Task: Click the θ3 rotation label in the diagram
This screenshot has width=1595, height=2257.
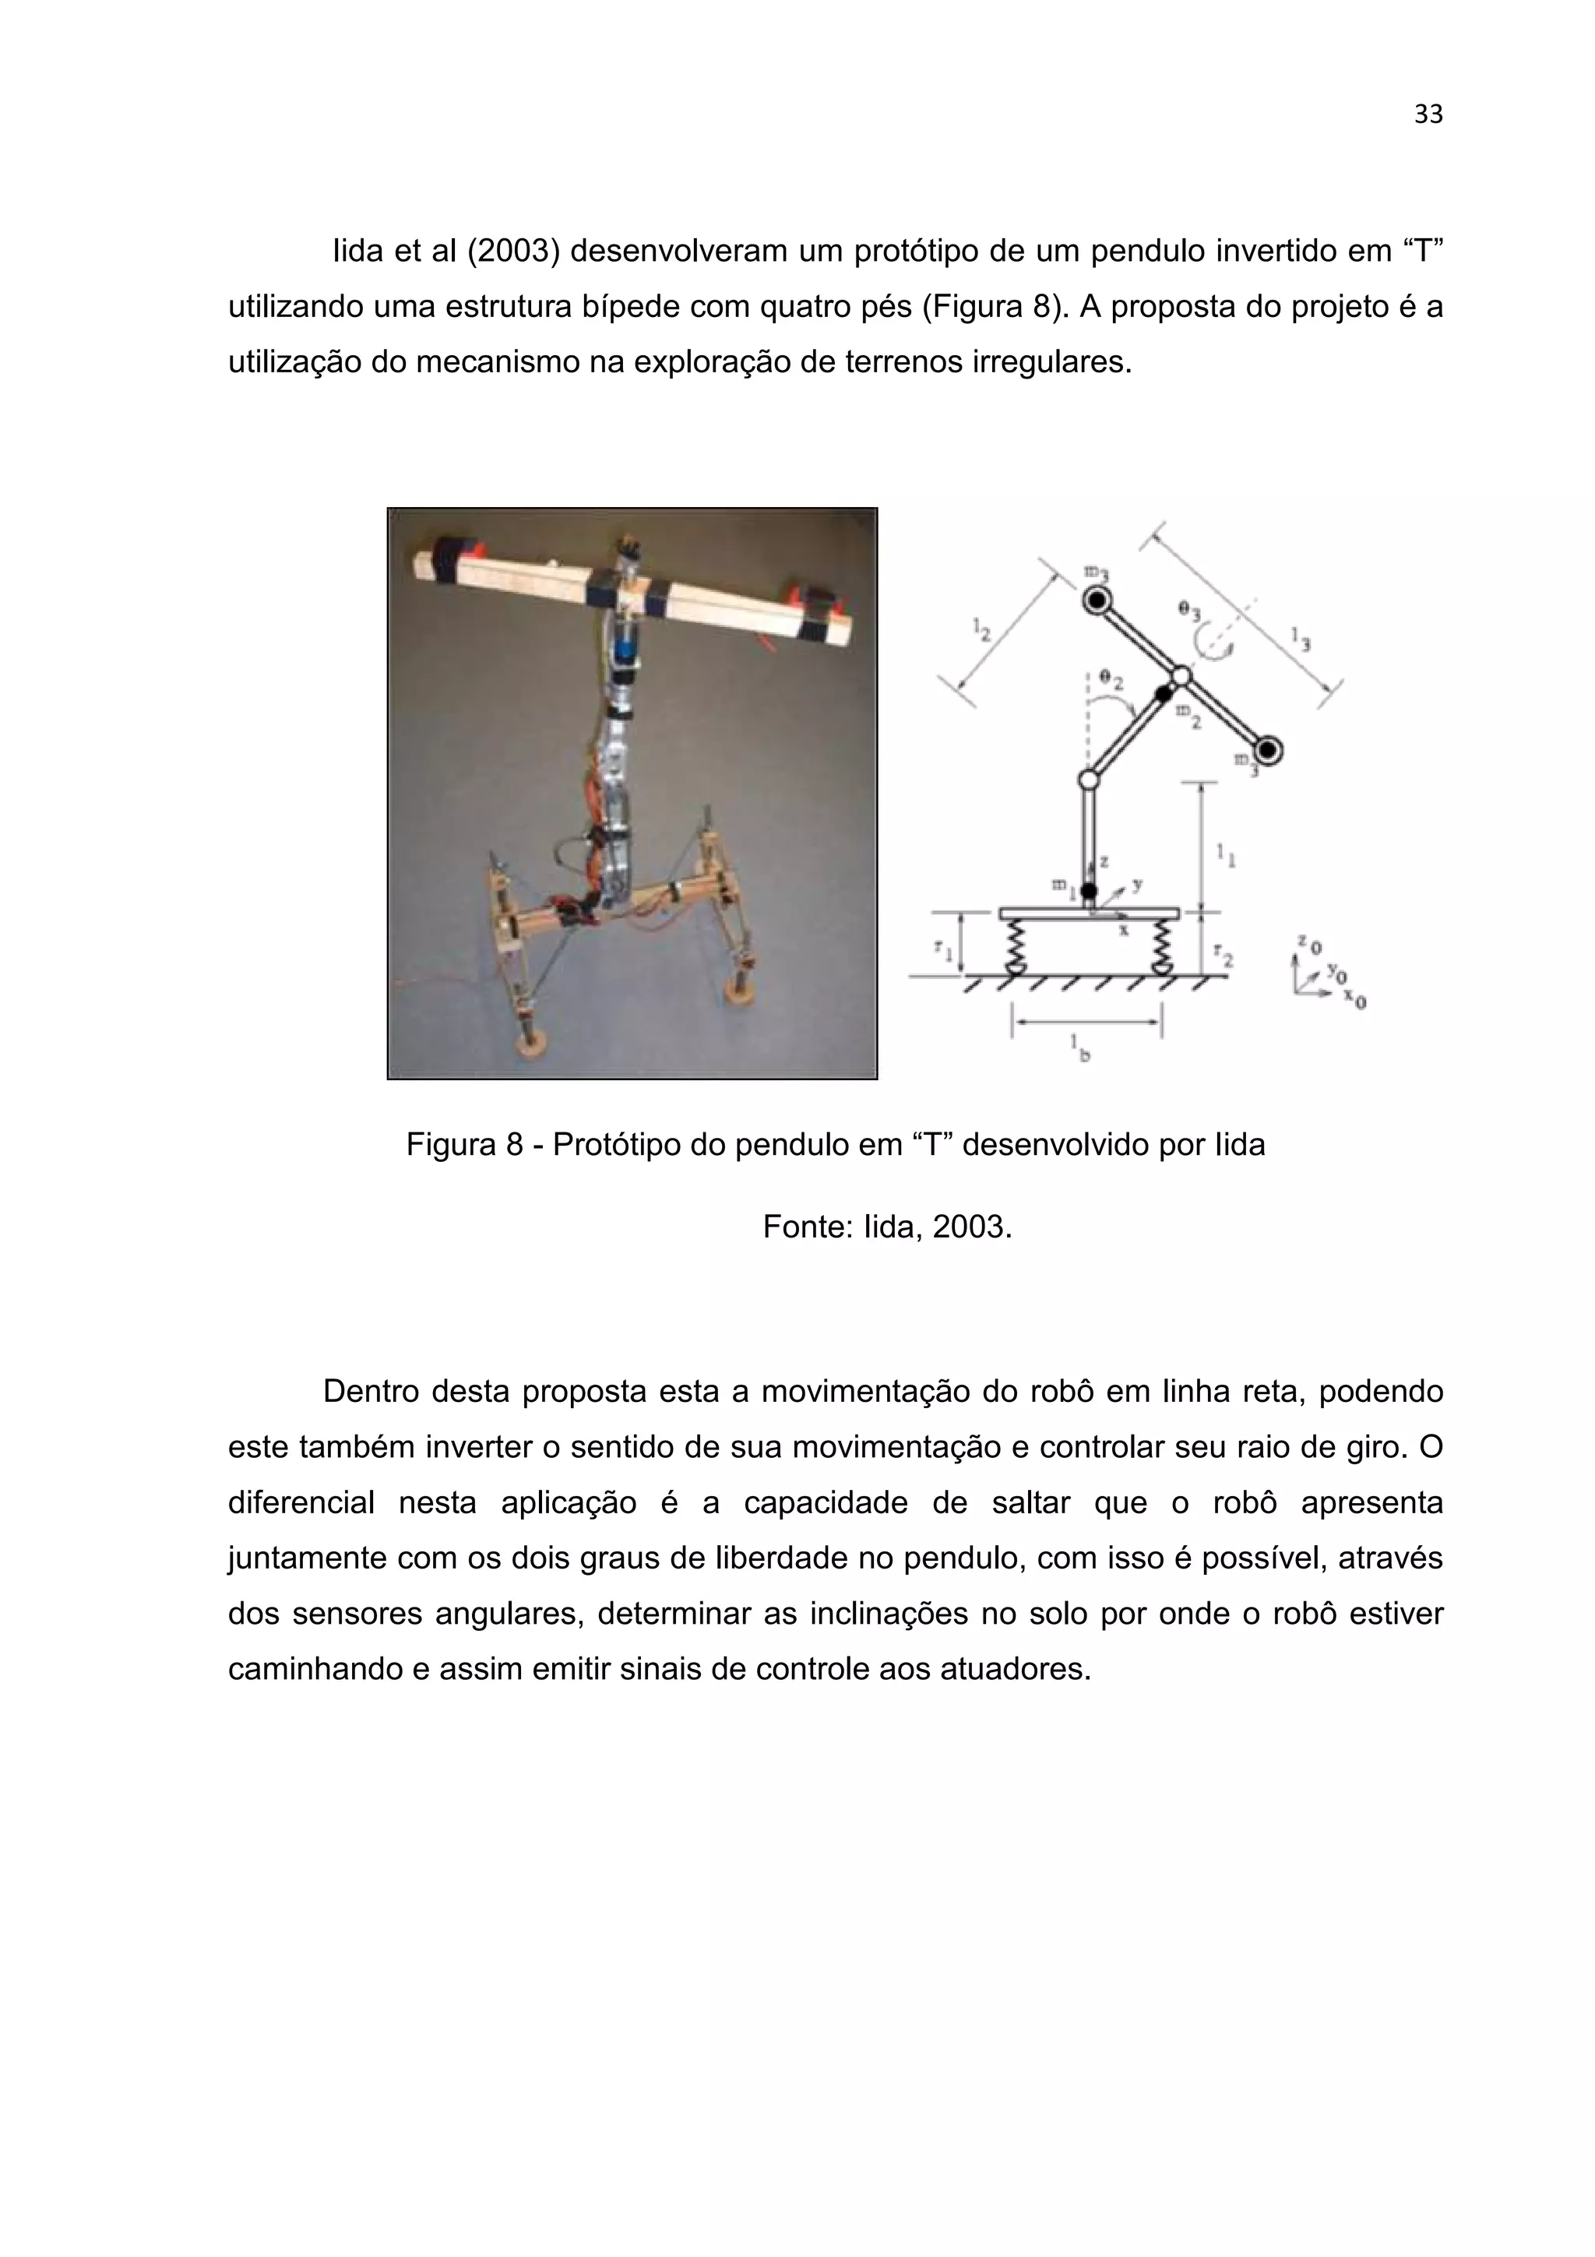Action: (1188, 611)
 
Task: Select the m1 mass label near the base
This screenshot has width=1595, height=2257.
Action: (1062, 885)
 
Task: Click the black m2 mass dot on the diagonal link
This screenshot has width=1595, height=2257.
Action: (1164, 694)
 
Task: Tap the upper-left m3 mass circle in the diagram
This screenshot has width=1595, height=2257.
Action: (1097, 599)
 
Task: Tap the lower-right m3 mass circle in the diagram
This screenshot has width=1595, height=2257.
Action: (1268, 751)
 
